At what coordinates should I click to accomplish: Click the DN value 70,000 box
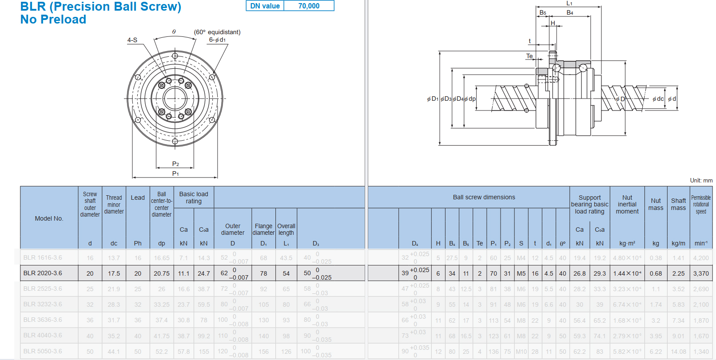coord(309,6)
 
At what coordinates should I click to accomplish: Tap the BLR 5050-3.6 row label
coord(43,351)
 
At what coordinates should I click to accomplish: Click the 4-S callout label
coord(132,40)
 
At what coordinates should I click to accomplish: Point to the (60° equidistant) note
coord(217,32)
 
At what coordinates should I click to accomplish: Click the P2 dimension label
coord(175,164)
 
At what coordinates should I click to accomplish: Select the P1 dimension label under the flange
coord(175,174)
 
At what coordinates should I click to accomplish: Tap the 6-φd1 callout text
coord(217,40)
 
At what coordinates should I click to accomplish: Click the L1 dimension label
coord(569,4)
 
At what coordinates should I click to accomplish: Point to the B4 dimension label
coord(570,13)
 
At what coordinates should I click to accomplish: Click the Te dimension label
coord(529,56)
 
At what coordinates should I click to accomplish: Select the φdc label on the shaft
coord(658,99)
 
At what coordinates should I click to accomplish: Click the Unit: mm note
coord(701,180)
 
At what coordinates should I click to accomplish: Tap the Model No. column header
coord(49,218)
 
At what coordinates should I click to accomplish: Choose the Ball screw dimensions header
coord(484,197)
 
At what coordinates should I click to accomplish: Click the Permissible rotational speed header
coord(701,204)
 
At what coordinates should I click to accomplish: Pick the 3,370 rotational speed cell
coord(701,273)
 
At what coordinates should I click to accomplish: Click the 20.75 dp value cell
coord(162,273)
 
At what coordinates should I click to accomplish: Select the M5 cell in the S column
coord(521,273)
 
